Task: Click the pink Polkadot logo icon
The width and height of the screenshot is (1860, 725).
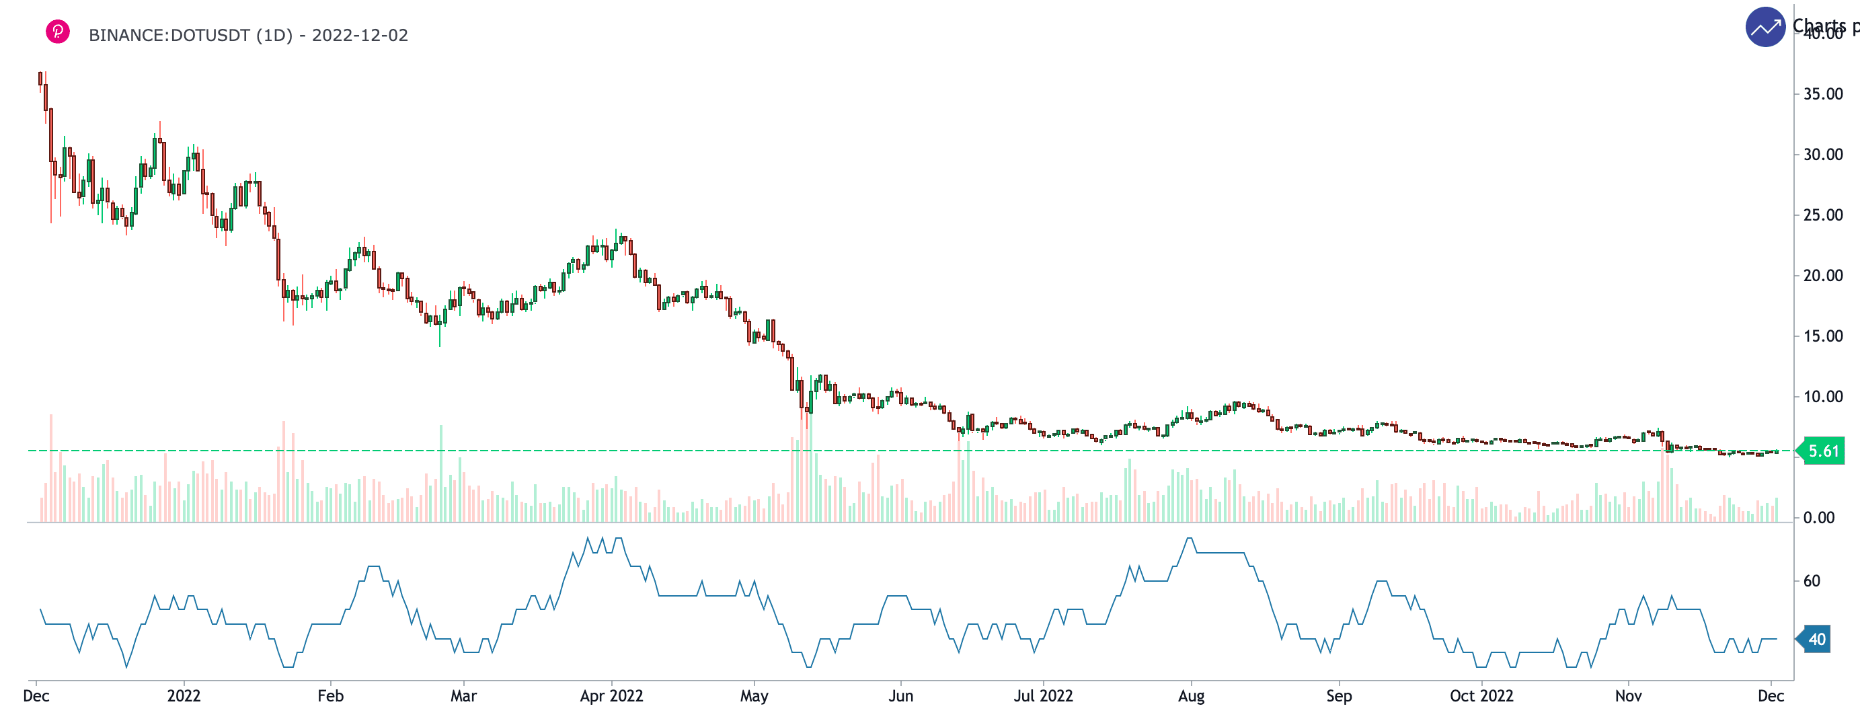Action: tap(58, 32)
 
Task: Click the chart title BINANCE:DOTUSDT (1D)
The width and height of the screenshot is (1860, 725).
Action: tap(190, 36)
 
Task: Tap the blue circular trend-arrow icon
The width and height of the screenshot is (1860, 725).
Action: tap(1765, 28)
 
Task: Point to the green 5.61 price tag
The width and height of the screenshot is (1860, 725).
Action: tap(1824, 451)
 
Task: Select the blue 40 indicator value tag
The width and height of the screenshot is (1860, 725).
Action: tap(1817, 639)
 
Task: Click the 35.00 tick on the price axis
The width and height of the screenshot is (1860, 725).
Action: tap(1823, 94)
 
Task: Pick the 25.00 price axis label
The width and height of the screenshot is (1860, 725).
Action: tap(1823, 215)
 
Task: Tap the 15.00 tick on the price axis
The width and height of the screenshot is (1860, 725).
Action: tap(1823, 336)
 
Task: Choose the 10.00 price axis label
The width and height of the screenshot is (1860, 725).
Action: tap(1823, 396)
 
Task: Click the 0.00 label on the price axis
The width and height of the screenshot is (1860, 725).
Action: tap(1819, 518)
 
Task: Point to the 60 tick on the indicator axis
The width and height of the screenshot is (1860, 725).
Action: tap(1812, 580)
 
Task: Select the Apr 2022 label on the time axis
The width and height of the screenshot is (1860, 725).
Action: tap(611, 696)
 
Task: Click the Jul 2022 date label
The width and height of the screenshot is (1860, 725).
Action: tap(1043, 696)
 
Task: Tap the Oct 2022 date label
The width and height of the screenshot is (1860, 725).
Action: tap(1481, 696)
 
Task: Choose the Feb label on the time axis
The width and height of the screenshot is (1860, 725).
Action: tap(330, 696)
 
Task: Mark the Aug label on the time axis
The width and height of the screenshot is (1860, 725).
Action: tap(1191, 696)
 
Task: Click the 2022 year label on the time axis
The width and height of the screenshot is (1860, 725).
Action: tap(184, 696)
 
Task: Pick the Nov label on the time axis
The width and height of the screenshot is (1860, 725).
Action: tap(1627, 696)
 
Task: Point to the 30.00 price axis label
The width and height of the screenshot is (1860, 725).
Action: tap(1823, 155)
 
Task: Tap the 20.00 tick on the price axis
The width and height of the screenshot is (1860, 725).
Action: tap(1823, 275)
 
